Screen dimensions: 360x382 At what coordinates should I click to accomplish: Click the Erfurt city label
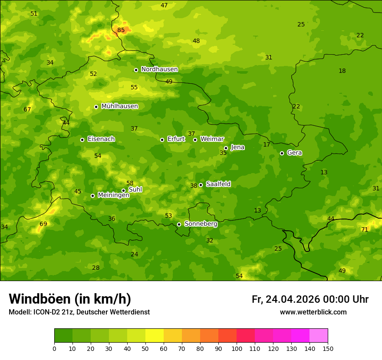[176, 139]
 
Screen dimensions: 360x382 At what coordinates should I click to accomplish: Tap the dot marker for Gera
[282, 153]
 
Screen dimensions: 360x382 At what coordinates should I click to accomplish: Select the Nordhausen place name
[159, 69]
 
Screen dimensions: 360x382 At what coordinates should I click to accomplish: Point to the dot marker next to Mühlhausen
[96, 107]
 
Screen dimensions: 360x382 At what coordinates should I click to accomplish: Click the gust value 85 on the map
[121, 30]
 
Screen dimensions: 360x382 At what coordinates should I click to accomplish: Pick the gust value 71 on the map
[365, 229]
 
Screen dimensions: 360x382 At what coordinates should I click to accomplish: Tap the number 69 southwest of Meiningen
[43, 224]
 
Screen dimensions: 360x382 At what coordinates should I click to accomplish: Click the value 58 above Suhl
[130, 183]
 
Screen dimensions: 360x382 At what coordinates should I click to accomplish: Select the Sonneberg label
[201, 224]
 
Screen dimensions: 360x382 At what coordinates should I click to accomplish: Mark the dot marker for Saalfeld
[201, 185]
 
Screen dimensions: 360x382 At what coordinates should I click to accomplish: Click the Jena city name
[237, 147]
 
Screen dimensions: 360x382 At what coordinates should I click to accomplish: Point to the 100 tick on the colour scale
[237, 348]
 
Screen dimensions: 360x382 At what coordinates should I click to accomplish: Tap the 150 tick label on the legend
[328, 348]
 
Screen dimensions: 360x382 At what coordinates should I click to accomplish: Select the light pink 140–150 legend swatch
[319, 336]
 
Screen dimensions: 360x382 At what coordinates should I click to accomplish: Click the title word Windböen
[40, 299]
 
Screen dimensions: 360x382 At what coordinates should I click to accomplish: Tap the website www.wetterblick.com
[313, 312]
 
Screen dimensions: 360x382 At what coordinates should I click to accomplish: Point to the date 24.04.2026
[293, 299]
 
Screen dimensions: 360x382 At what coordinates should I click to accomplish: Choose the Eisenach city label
[101, 139]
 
